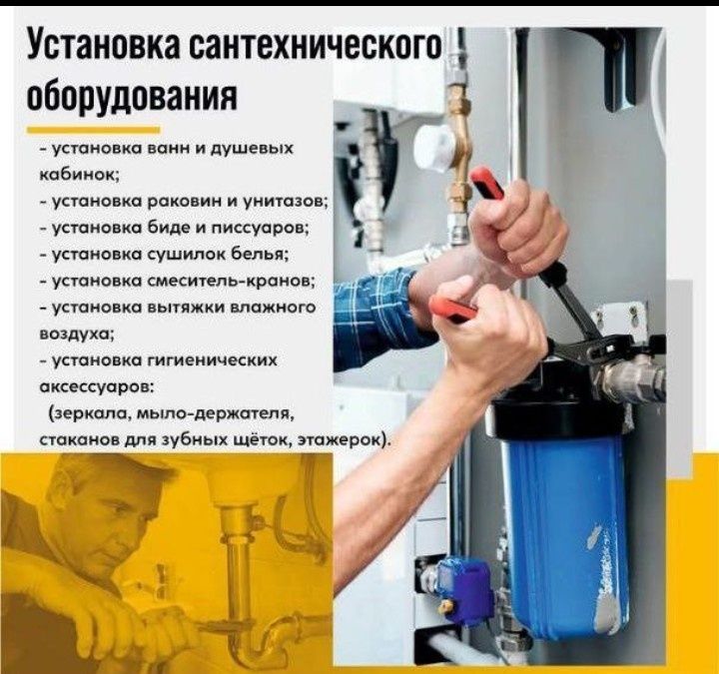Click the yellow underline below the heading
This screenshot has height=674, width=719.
(x=93, y=129)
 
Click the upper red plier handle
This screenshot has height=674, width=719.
(x=489, y=184)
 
